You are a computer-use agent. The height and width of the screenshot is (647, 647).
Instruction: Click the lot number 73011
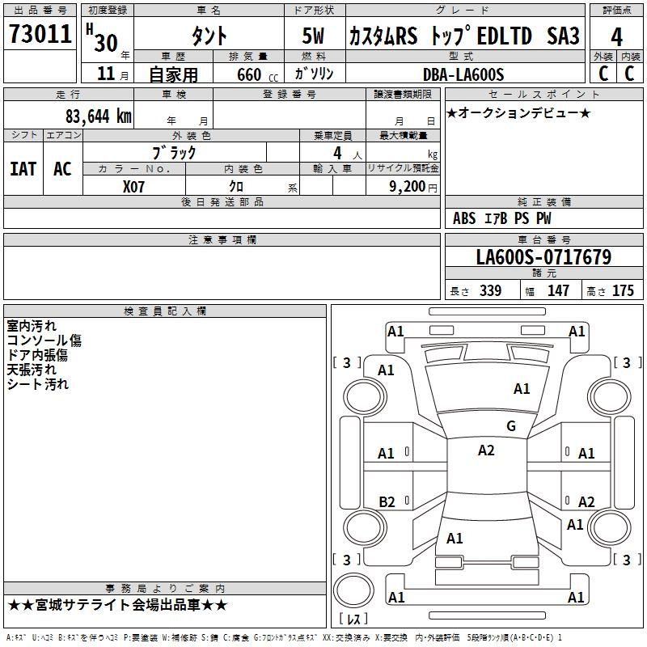[40, 35]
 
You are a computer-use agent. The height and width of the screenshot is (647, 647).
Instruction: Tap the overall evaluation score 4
[616, 36]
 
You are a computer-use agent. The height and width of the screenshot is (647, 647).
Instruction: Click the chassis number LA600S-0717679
[543, 258]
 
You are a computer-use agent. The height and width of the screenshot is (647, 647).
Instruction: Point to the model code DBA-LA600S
[463, 74]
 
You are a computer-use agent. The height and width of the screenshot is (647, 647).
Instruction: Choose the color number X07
[134, 185]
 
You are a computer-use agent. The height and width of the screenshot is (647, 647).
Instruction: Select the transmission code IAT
[23, 168]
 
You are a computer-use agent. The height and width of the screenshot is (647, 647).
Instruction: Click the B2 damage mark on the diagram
[387, 501]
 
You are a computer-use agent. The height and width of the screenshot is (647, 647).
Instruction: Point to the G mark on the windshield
[510, 426]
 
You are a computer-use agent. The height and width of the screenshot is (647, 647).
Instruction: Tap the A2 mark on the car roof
[486, 450]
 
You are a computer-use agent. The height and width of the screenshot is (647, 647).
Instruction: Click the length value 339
[490, 291]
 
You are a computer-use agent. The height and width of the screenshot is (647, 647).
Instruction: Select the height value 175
[623, 291]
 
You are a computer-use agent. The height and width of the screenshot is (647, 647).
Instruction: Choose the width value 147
[558, 291]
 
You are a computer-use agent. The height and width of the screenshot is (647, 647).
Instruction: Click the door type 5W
[314, 36]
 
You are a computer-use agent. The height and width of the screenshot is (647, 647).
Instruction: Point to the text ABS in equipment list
[464, 218]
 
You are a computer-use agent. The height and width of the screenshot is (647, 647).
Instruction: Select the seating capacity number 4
[337, 152]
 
